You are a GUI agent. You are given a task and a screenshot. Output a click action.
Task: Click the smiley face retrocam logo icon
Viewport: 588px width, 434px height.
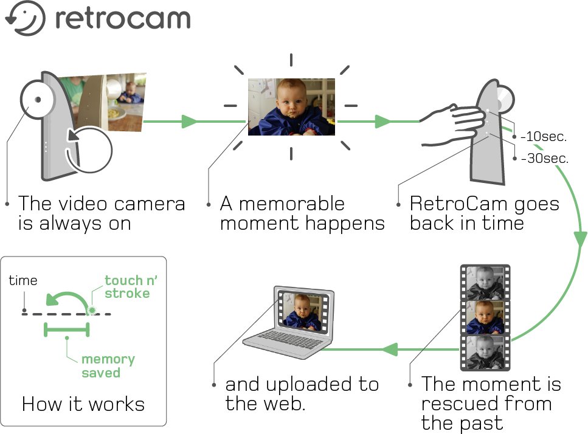pos(25,18)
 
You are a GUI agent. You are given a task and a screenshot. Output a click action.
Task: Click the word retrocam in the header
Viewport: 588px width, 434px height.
pos(123,18)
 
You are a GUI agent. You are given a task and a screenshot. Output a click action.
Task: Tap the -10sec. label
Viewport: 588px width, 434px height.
pos(544,136)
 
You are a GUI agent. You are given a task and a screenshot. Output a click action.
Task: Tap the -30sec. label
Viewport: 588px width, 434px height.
pos(545,158)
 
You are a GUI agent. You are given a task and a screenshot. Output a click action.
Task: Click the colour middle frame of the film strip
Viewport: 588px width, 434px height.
pos(485,317)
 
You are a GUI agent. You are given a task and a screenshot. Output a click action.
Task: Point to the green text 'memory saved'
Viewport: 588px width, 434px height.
pos(108,366)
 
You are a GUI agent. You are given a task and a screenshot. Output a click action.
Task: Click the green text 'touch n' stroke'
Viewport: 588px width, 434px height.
pos(131,287)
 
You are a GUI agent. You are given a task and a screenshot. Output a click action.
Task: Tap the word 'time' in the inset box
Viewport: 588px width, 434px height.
pos(23,280)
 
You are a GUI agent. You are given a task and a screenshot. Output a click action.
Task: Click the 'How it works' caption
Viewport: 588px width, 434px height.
pos(83,404)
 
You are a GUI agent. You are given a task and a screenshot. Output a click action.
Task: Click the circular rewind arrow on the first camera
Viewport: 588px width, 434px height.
pos(89,150)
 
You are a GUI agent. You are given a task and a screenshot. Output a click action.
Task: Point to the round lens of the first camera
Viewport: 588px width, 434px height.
pos(38,99)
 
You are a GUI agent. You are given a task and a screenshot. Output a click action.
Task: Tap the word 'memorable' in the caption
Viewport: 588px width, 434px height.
pos(292,204)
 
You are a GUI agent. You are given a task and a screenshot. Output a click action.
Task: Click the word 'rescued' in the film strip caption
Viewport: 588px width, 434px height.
pos(460,403)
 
